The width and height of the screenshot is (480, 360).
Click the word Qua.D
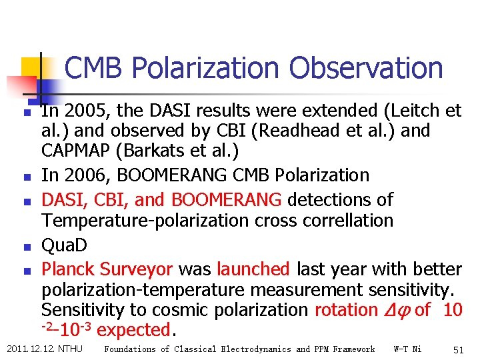click(x=64, y=245)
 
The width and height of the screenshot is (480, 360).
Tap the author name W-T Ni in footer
click(x=407, y=349)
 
